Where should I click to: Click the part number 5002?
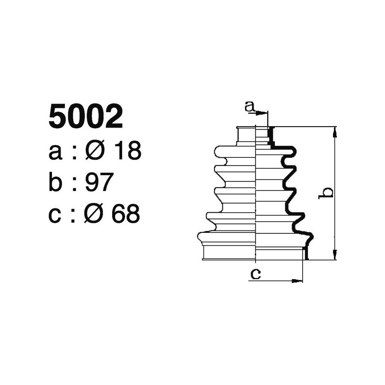tap(86, 117)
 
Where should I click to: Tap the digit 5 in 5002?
tap(58, 117)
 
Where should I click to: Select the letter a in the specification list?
tap(56, 152)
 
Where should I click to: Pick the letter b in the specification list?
tap(56, 182)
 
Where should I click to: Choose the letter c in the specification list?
tap(56, 215)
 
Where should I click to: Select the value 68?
tap(126, 214)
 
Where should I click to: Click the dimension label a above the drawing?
tap(249, 107)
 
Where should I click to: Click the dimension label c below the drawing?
tap(256, 274)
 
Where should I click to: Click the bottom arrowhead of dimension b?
tap(335, 257)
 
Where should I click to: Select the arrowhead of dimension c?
tap(299, 281)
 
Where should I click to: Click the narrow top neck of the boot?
tap(255, 135)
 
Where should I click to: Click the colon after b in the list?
tap(75, 184)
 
